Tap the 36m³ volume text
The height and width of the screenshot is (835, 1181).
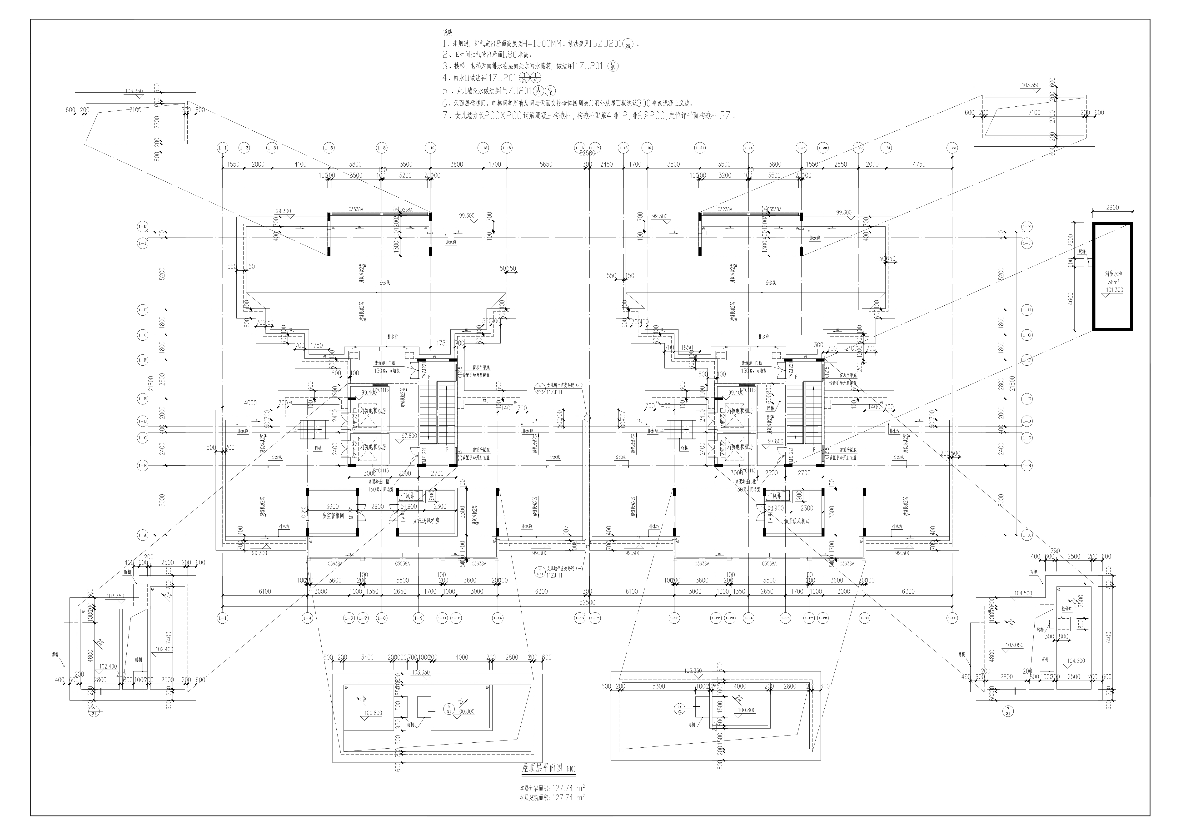1111,282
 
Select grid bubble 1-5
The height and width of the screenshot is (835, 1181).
329,148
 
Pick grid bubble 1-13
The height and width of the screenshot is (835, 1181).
483,148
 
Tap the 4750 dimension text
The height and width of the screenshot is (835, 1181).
919,164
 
